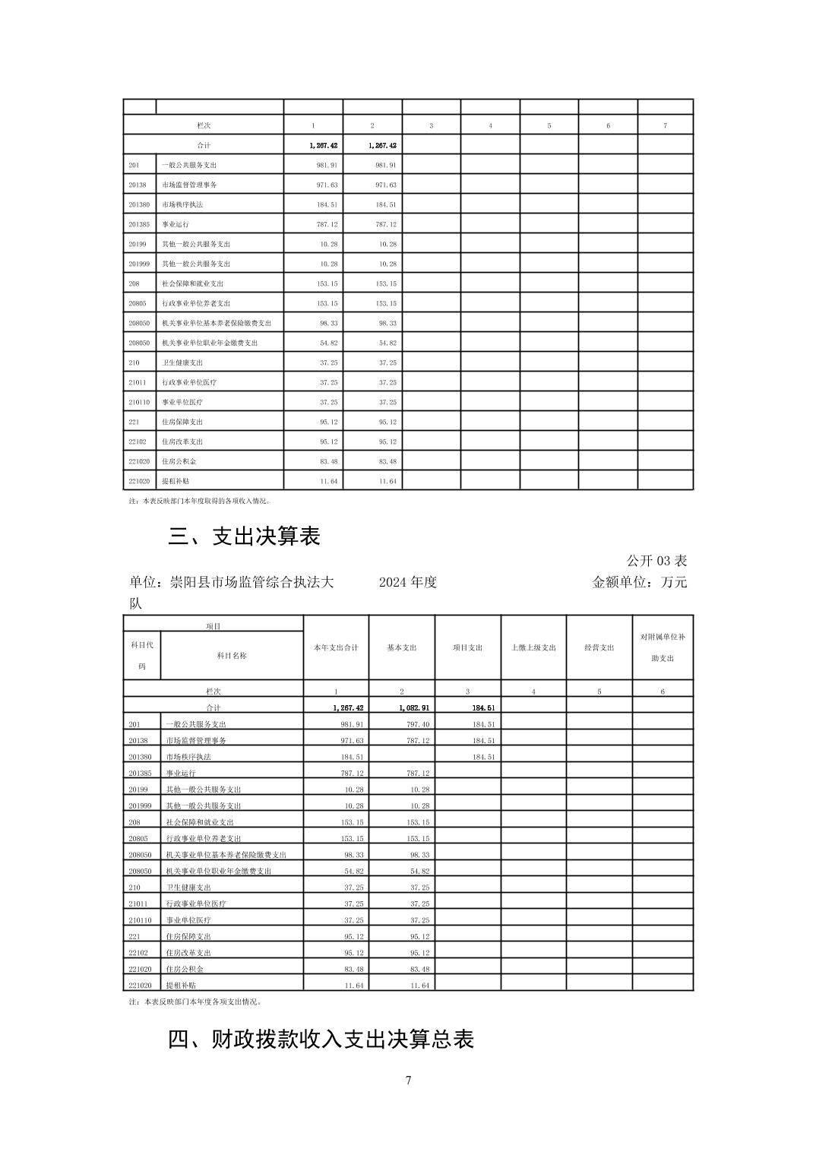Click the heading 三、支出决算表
(x=244, y=536)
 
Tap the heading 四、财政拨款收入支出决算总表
(x=321, y=1039)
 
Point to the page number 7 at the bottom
(x=408, y=1081)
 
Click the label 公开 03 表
(x=656, y=561)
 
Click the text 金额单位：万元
(x=639, y=583)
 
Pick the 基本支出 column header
(x=401, y=647)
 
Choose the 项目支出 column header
(x=467, y=647)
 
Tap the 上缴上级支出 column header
(x=533, y=647)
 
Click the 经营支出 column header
(x=599, y=647)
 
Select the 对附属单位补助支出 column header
(x=663, y=647)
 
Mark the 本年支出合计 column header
(x=336, y=647)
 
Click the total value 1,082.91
(x=413, y=708)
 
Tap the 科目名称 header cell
(x=232, y=655)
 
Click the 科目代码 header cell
(x=142, y=655)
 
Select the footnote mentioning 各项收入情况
(x=200, y=502)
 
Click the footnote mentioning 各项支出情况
(x=196, y=1002)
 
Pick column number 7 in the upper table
(x=665, y=125)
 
